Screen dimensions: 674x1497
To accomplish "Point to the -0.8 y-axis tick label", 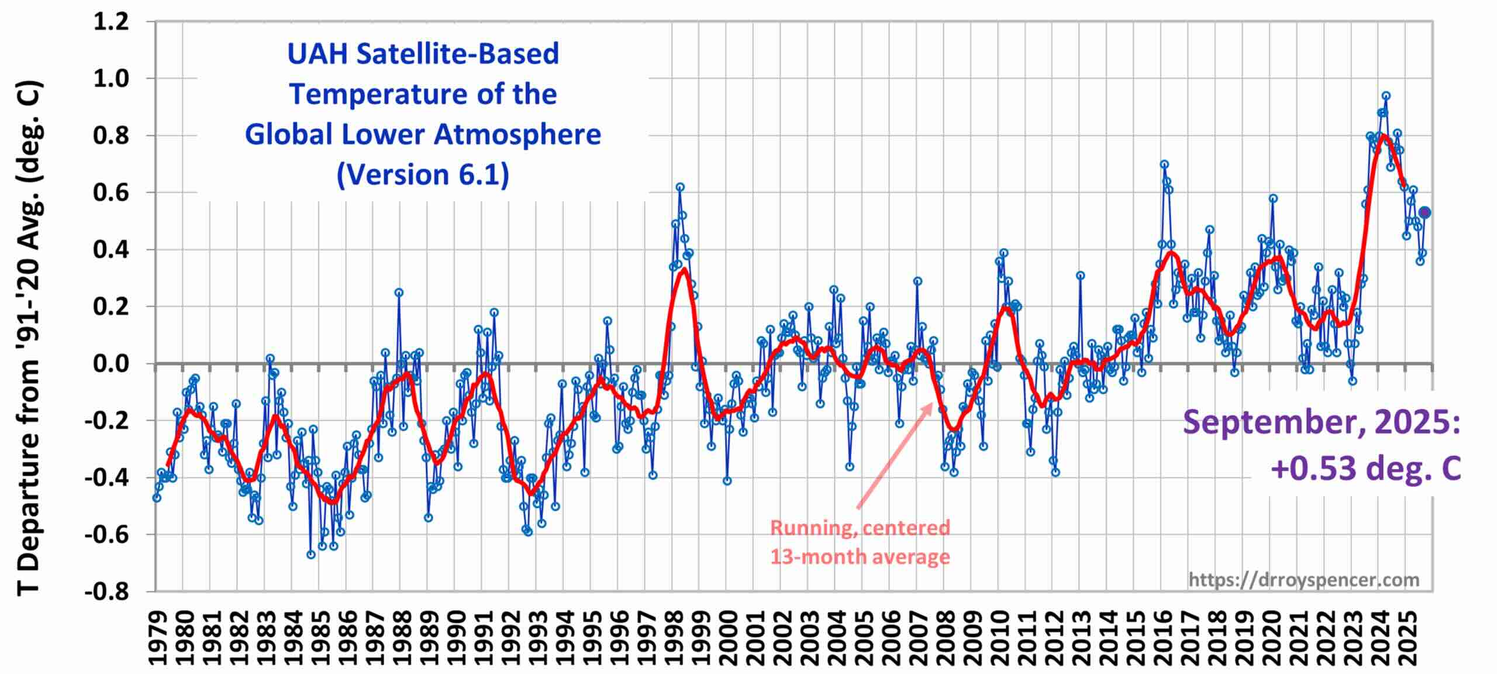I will pos(106,592).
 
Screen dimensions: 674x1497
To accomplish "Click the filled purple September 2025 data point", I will pos(1425,212).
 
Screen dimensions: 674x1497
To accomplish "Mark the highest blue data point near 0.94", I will pos(1386,96).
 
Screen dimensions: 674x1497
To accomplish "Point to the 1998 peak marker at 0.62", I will pos(680,187).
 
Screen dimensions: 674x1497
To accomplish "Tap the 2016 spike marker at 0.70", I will pos(1164,164).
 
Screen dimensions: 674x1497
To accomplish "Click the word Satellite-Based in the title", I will pos(457,54).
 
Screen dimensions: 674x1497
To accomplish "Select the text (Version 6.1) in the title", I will pos(423,174).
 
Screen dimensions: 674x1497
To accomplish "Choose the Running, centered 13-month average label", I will pos(860,542).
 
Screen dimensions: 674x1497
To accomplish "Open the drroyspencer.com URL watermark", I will pos(1303,579).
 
